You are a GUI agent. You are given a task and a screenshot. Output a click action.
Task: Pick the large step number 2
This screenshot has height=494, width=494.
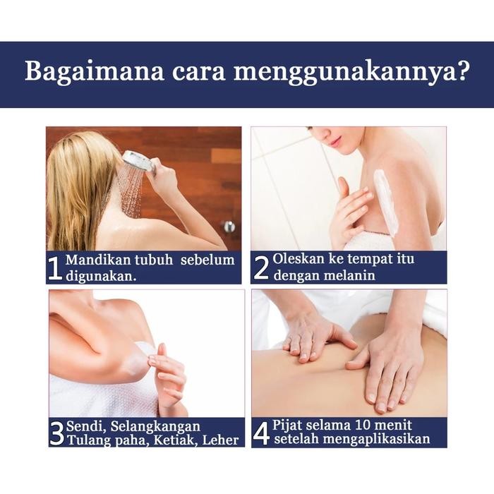coord(261,268)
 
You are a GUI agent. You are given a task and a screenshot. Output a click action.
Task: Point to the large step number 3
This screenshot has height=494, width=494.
coord(56,433)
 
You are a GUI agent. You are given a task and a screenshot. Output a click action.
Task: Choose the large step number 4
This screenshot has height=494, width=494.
coord(261,433)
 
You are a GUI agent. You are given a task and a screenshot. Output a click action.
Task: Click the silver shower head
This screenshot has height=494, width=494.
coord(137,162)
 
